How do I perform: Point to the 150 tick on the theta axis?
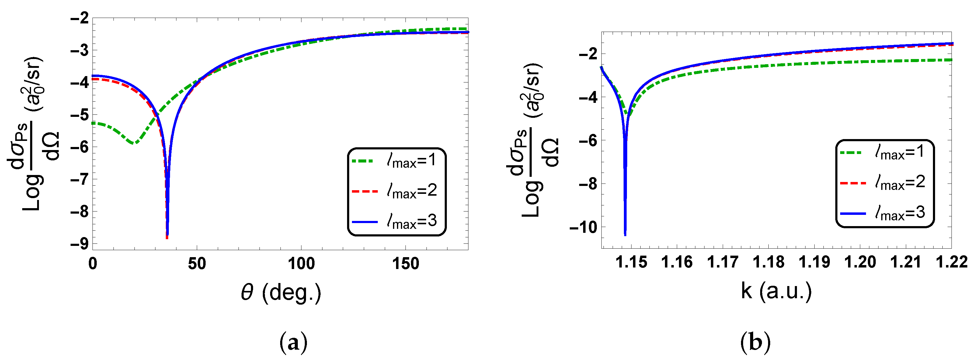(x=405, y=264)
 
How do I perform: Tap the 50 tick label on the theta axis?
(x=197, y=264)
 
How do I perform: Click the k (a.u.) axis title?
(x=776, y=291)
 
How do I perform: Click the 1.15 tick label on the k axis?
(x=631, y=262)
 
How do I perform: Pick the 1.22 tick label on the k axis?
(x=951, y=262)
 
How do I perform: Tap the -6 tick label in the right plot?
(x=588, y=141)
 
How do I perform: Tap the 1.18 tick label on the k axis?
(x=768, y=262)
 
